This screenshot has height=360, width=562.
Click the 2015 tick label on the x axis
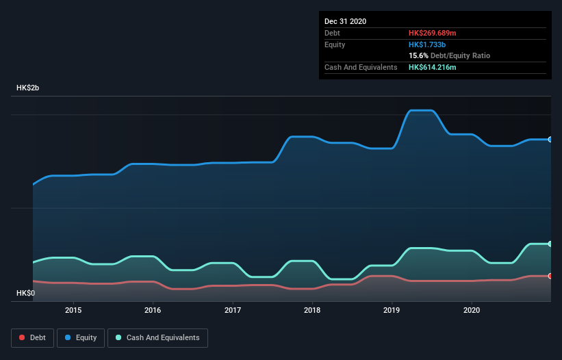tap(73, 310)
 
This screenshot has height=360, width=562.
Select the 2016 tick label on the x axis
tap(153, 310)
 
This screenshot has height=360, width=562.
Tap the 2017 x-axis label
tap(233, 310)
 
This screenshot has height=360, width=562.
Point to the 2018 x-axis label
tap(312, 310)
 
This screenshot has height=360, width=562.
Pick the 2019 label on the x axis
tap(392, 310)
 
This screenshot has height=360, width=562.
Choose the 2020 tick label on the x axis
tap(472, 310)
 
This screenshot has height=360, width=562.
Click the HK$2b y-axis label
tap(28, 88)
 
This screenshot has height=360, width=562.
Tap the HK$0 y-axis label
tap(26, 293)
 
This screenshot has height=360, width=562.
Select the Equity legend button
tap(81, 337)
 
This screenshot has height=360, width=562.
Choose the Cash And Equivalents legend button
tap(157, 337)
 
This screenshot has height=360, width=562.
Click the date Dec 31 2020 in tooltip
tap(345, 21)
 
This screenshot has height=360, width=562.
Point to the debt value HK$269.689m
tap(432, 33)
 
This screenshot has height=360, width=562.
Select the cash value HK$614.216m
tap(432, 67)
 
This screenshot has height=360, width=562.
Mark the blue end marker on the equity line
tap(550, 140)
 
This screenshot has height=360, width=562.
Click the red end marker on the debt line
tap(550, 276)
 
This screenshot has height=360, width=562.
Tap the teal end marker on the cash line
tap(550, 244)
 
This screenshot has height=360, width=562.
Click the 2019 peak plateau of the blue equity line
tap(420, 110)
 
